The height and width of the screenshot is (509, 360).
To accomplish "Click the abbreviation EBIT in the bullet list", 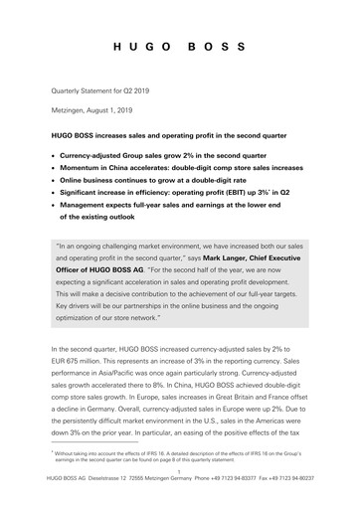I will point(233,200).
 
